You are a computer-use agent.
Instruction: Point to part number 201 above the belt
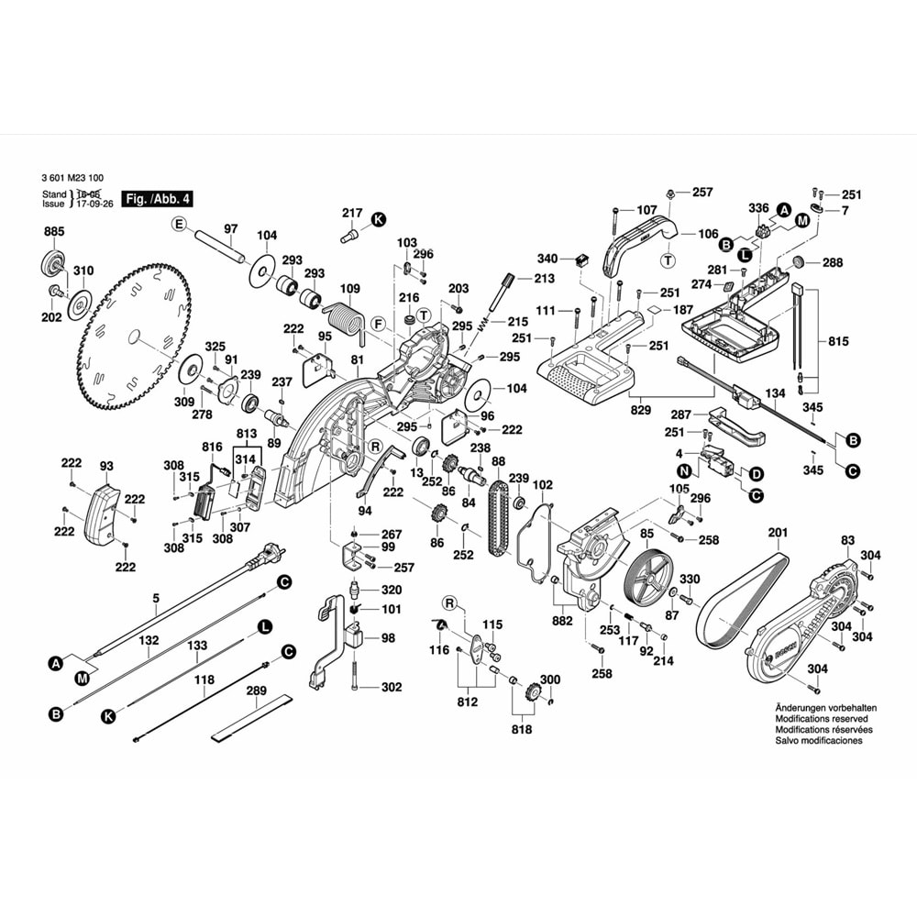tap(778, 534)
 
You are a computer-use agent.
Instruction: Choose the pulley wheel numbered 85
tap(648, 578)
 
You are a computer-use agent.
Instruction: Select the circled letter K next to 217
tap(378, 218)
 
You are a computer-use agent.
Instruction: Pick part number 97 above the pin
tap(230, 228)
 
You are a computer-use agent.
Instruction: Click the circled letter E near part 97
tap(180, 224)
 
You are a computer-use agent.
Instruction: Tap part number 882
tap(562, 621)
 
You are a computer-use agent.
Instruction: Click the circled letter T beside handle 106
tap(668, 260)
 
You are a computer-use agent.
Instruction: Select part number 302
tap(392, 687)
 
